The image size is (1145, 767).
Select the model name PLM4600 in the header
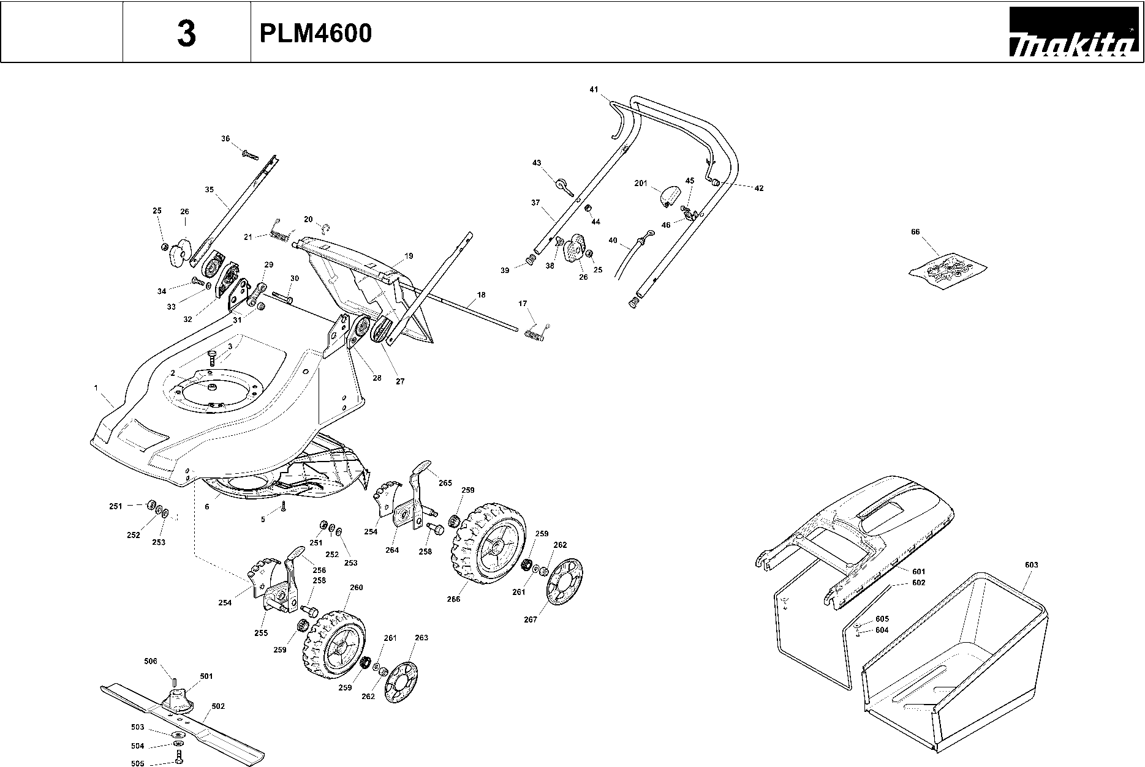316,34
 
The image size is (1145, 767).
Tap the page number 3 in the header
186,34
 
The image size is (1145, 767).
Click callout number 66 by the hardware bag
915,232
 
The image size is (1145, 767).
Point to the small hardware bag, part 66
947,268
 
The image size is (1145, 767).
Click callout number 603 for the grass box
1031,565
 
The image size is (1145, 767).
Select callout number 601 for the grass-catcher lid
918,572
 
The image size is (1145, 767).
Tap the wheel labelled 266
488,542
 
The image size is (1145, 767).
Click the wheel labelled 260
333,644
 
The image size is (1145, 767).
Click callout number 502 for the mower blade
218,706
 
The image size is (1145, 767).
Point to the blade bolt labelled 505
178,757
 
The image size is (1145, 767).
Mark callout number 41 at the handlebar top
594,89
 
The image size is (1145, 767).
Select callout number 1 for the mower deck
96,387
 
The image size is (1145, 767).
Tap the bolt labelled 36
250,153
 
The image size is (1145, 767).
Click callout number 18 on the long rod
481,295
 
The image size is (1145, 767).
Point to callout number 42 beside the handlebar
759,188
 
